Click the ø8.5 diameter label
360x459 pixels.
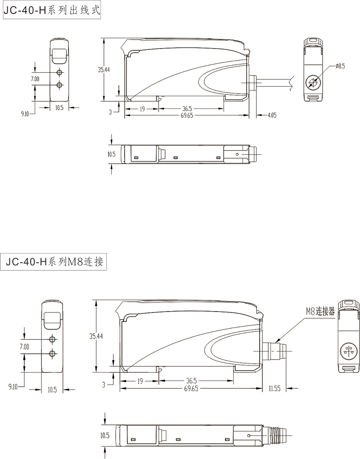pyautogui.click(x=340, y=67)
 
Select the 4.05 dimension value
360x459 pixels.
pyautogui.click(x=271, y=115)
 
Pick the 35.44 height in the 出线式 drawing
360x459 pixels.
pyautogui.click(x=103, y=69)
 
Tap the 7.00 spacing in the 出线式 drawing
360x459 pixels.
pyautogui.click(x=35, y=79)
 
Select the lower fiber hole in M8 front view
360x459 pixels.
pyautogui.click(x=53, y=354)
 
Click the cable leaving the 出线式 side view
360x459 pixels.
pyautogui.click(x=274, y=82)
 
